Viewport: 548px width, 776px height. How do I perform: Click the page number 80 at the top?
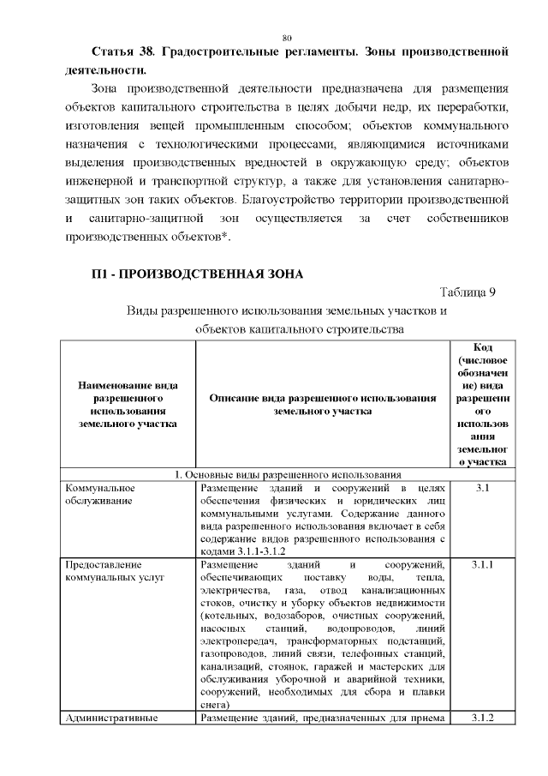(x=287, y=37)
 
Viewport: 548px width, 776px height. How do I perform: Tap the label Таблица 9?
(x=468, y=292)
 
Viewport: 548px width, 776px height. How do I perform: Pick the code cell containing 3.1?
(x=480, y=488)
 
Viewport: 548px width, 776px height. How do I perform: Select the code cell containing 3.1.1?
(x=480, y=565)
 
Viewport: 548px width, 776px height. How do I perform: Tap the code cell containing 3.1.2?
(x=480, y=718)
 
